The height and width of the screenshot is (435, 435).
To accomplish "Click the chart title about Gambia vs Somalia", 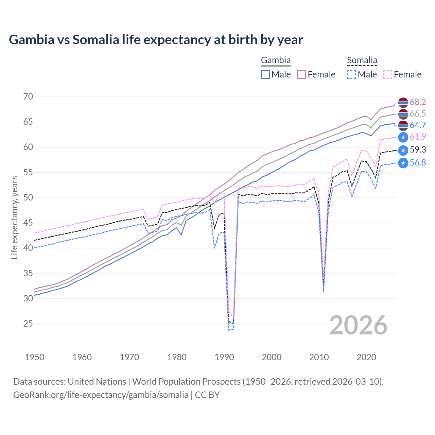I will pos(156,40).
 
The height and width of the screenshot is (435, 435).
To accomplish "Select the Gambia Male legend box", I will pos(265,74).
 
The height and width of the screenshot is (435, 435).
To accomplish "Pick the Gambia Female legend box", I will pos(302,74).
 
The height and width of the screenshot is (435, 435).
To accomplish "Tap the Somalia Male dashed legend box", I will pos(351,74).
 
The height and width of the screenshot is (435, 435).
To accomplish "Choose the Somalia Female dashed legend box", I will pos(388,74).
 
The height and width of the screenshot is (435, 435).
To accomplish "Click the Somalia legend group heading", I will pos(362,60).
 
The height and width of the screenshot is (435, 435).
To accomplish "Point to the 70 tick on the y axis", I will pos(28,97).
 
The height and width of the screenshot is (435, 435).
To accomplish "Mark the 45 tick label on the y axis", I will pos(28,223).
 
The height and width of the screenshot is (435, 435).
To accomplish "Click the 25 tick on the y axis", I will pos(28,324).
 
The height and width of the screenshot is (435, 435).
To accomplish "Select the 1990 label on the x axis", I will pos(224,357).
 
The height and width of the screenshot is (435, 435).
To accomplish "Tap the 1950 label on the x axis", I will pos(35,357).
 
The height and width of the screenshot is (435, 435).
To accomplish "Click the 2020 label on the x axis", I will pos(366,357).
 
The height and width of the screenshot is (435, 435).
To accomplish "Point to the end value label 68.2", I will pos(418,102).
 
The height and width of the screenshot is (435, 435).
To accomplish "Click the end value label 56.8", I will pos(418,162).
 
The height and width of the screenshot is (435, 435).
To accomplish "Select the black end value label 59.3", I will pos(418,150).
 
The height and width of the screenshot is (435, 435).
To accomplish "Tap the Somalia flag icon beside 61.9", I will pos(403,137).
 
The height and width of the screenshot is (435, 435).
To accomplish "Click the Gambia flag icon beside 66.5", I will pos(403,114).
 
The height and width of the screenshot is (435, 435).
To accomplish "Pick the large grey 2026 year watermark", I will pos(359,325).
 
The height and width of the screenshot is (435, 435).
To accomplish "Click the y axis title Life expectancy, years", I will pos(14,217).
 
